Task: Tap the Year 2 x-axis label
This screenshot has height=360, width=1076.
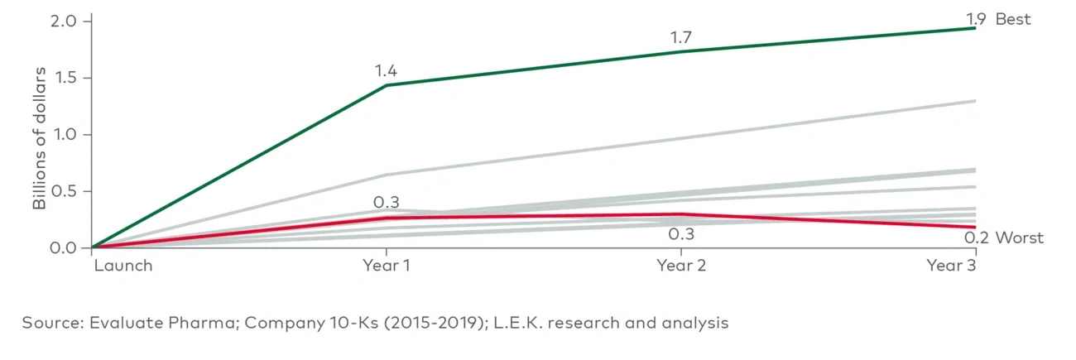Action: pyautogui.click(x=681, y=266)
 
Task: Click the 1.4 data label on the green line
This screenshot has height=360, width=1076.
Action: pyautogui.click(x=386, y=71)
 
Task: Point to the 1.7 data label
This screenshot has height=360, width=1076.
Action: pyautogui.click(x=681, y=37)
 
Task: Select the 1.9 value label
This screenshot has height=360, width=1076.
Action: pyautogui.click(x=978, y=19)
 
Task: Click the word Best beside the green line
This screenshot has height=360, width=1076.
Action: pyautogui.click(x=1013, y=19)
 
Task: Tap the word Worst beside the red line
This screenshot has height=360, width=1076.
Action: pyautogui.click(x=1019, y=238)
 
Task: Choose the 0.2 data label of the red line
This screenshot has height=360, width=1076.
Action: pyautogui.click(x=977, y=238)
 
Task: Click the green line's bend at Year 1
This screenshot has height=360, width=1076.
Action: pyautogui.click(x=386, y=85)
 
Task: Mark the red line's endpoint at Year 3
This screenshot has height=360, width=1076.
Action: pyautogui.click(x=975, y=227)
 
